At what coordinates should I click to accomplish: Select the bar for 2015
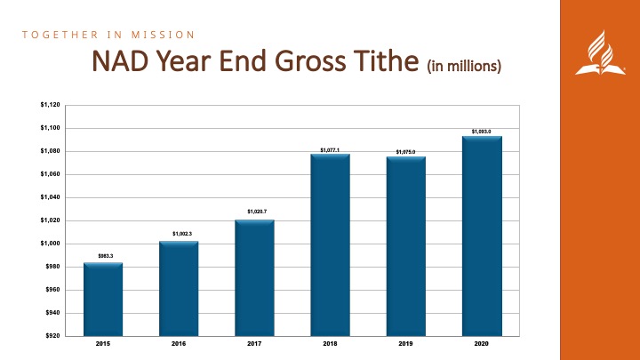coord(103,299)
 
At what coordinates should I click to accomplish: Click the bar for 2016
coord(179,288)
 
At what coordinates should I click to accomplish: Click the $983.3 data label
coord(103,256)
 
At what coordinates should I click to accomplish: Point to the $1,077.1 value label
coord(330,148)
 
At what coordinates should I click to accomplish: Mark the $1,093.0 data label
coord(482,131)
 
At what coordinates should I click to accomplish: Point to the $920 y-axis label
coord(52,336)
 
